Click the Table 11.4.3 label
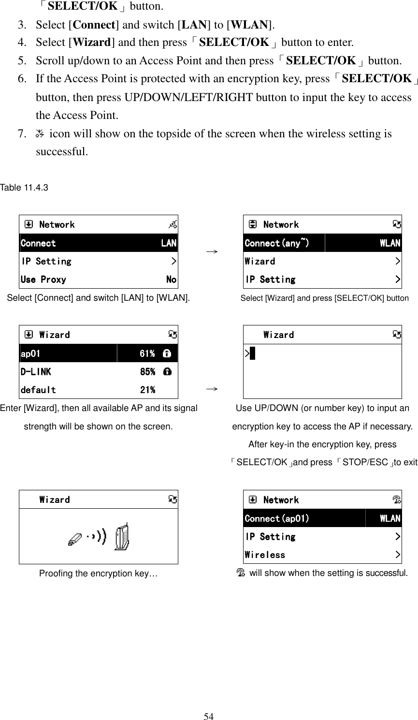[24, 187]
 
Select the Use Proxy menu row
[43, 279]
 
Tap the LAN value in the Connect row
[169, 243]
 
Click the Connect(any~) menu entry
[277, 243]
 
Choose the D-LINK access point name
[35, 371]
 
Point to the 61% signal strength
[147, 353]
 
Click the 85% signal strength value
[147, 371]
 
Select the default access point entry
[38, 390]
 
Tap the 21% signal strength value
[147, 390]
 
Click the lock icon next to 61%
[167, 353]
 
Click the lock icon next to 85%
[167, 371]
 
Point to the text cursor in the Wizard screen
[252, 353]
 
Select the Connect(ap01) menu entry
[277, 518]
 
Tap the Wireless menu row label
[265, 555]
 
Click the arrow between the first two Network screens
[211, 252]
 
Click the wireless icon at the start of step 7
[40, 133]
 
